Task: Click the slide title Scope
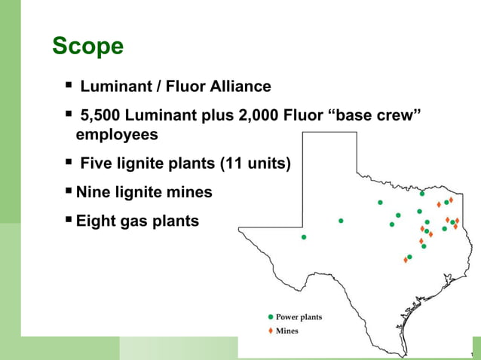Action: click(87, 47)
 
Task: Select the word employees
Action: click(117, 135)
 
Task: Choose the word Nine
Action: click(93, 193)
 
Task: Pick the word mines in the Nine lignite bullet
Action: click(188, 193)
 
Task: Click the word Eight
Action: click(97, 221)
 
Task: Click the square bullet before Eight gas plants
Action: click(69, 221)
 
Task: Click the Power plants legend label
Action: click(299, 317)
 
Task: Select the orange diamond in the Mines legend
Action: click(271, 331)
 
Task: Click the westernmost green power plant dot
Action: click(304, 236)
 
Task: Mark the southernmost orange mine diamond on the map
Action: click(406, 260)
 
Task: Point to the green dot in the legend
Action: click(271, 317)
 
